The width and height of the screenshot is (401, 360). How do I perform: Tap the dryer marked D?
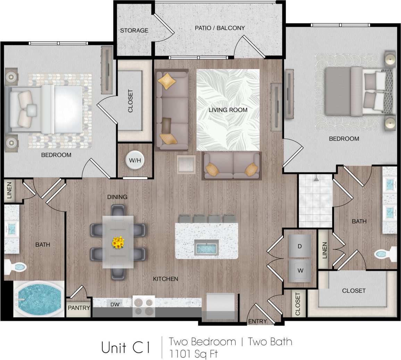tap(299, 246)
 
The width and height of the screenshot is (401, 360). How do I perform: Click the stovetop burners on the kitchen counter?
tap(144, 306)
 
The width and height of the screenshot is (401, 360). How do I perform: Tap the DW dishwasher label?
tap(115, 305)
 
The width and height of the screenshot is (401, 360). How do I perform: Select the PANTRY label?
tap(79, 308)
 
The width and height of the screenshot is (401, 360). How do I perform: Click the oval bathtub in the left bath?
tap(38, 300)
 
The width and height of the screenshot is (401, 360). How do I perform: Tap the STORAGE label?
tap(134, 31)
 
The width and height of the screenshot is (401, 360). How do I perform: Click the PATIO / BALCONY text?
tap(219, 28)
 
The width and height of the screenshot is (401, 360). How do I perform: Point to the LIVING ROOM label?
tap(228, 110)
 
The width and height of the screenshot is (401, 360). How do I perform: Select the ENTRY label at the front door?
tap(257, 322)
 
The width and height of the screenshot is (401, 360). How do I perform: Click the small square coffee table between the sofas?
tap(186, 164)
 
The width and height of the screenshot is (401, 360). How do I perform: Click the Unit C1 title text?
tap(126, 348)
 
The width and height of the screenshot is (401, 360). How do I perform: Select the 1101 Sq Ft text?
tap(193, 354)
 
